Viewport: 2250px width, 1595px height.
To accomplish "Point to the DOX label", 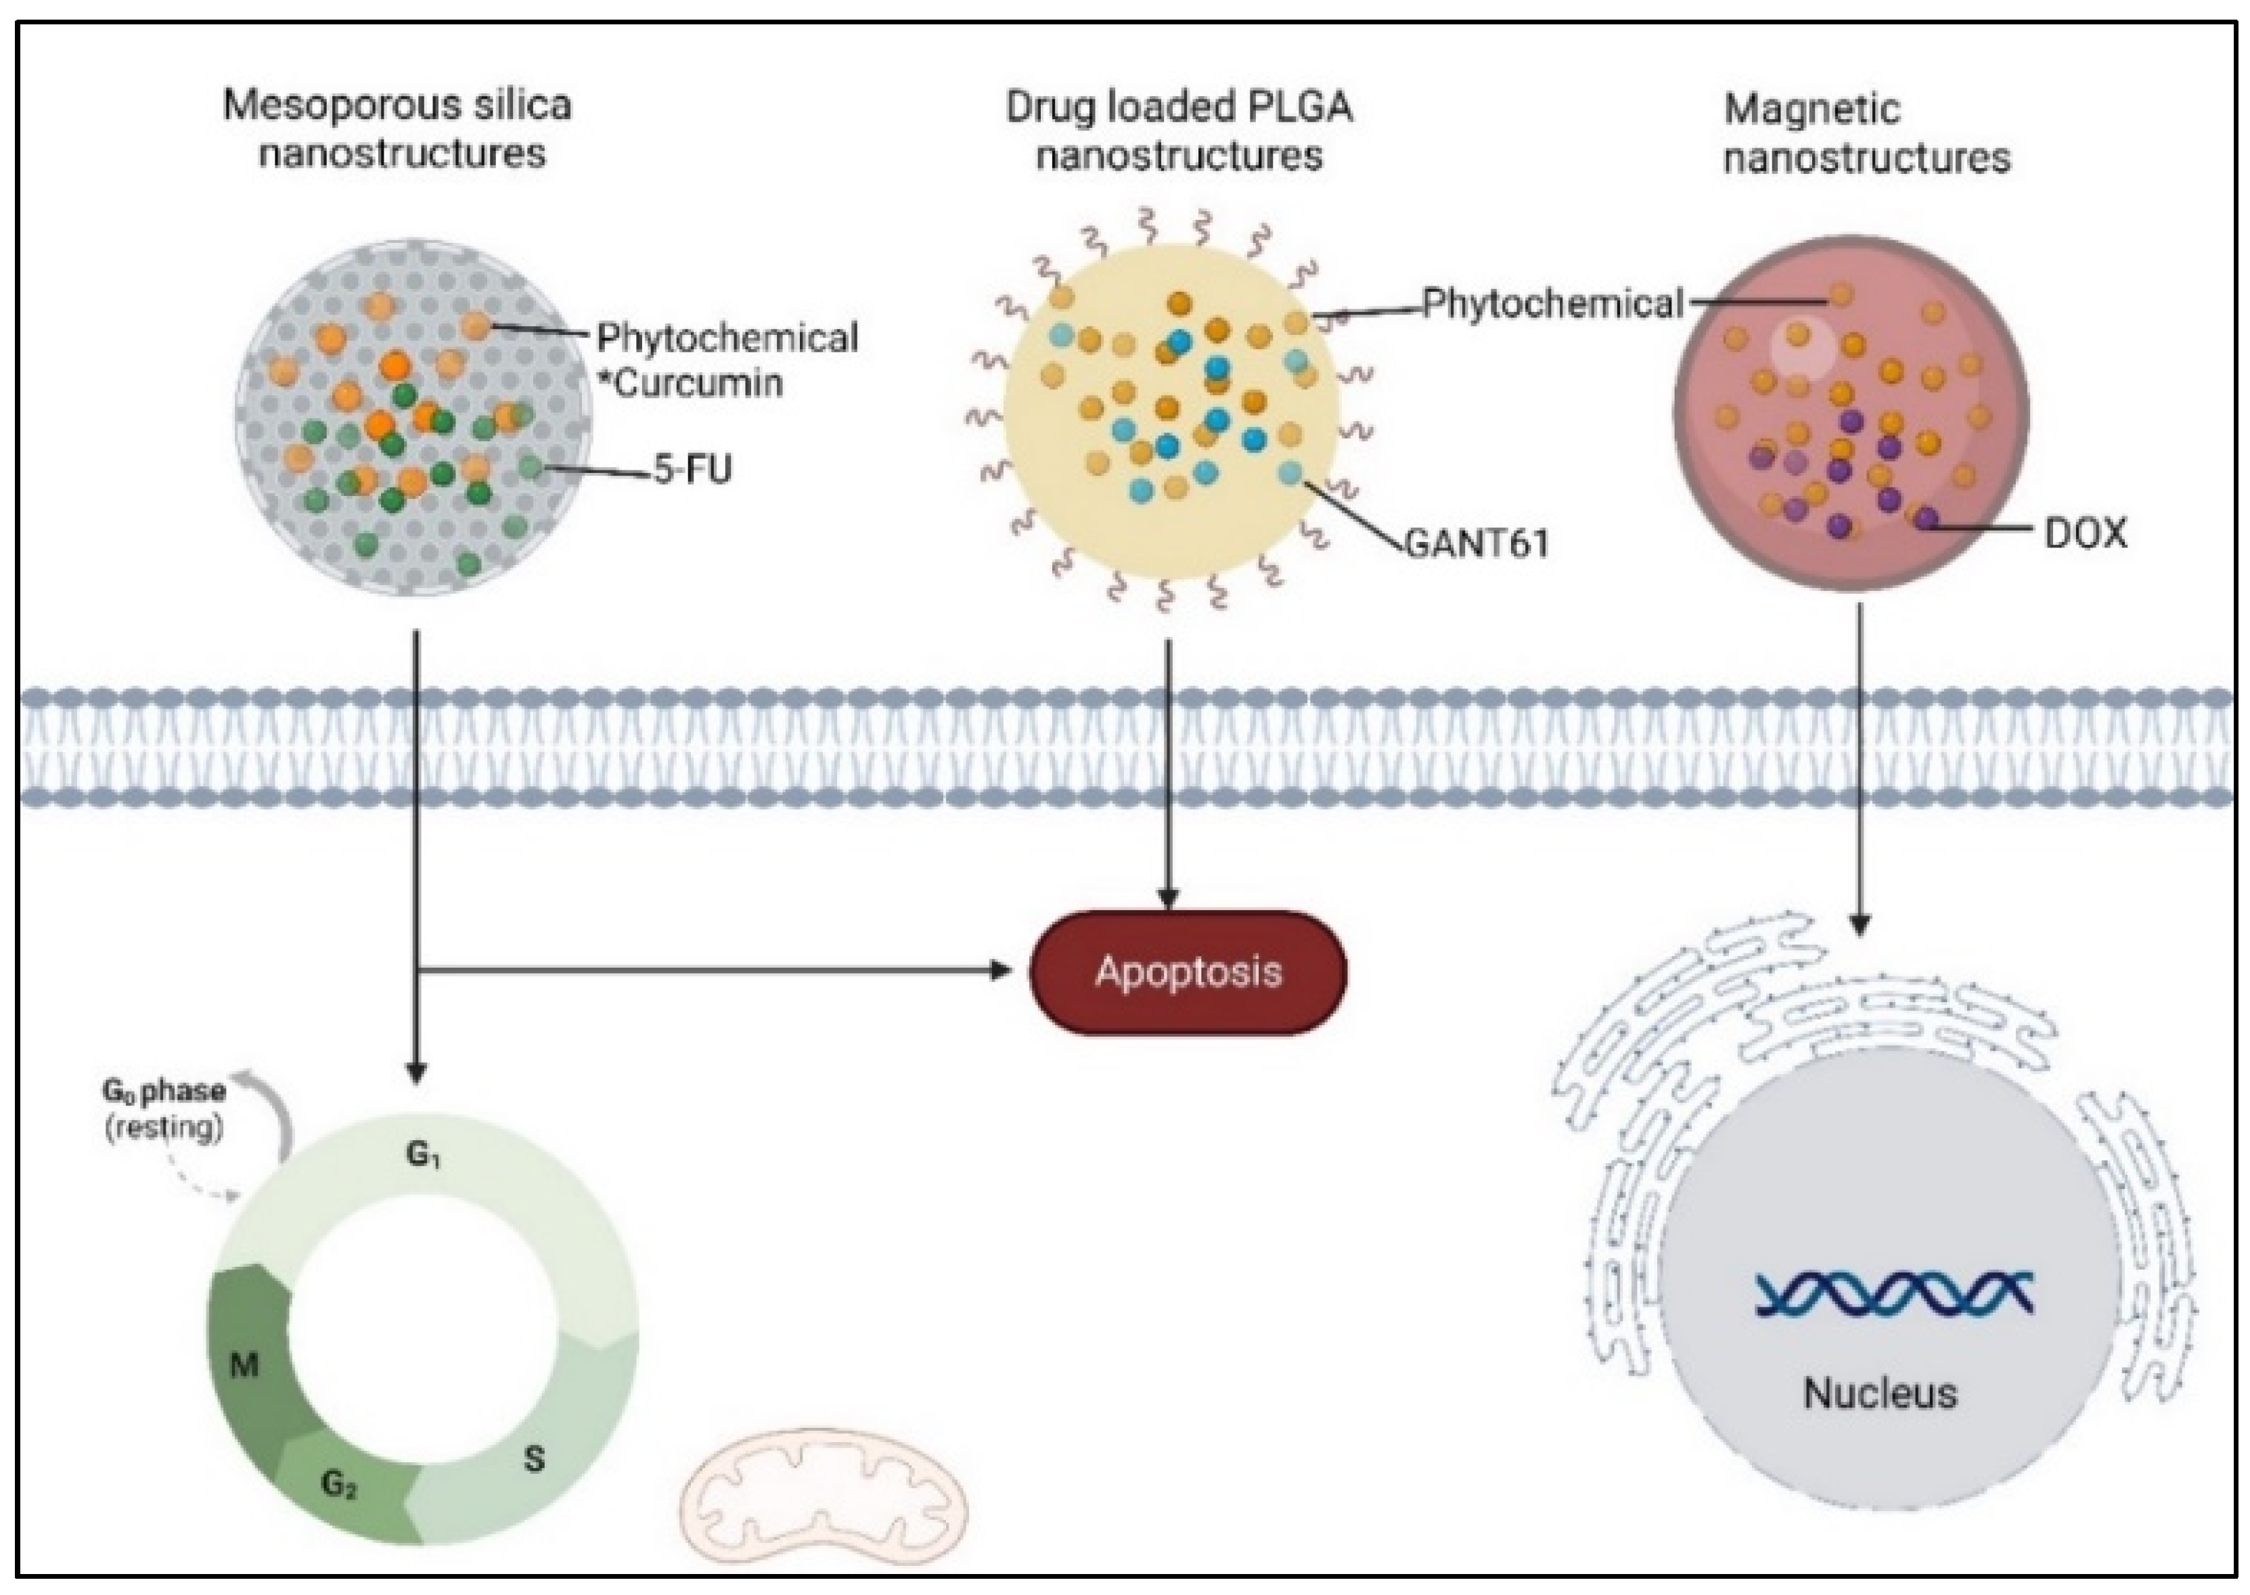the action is [x=2085, y=533].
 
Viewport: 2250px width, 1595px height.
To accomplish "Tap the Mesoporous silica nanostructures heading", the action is [x=398, y=129].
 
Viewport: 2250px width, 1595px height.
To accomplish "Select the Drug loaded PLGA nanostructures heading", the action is [x=1179, y=131].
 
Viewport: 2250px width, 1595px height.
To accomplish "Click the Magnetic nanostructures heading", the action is [x=1866, y=133].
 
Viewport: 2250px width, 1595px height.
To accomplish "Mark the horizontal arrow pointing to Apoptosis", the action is [x=715, y=971].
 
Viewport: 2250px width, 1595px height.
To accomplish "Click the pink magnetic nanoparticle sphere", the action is [x=1851, y=413].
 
